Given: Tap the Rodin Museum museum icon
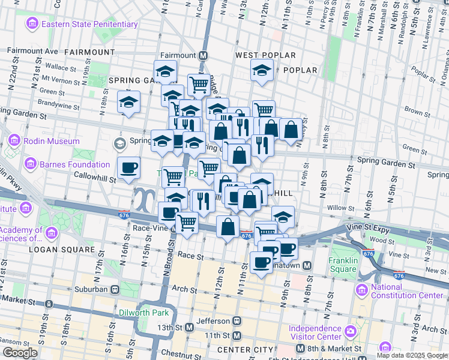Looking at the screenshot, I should coord(13,142).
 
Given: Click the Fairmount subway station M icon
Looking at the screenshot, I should coord(203,55).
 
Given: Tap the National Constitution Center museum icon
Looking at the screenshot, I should coord(361,291).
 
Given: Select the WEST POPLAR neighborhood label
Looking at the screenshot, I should coord(265,55).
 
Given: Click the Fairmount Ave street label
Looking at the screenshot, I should coord(32,52).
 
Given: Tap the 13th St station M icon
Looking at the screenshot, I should coord(190,328).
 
